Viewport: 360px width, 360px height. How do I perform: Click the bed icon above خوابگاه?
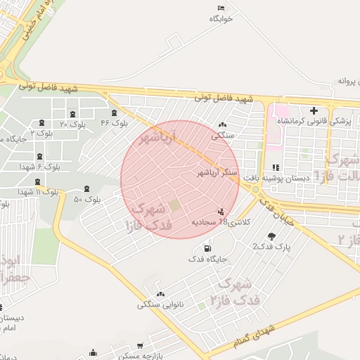pyautogui.click(x=221, y=8)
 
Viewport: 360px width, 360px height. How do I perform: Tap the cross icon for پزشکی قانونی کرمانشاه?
pyautogui.click(x=314, y=110)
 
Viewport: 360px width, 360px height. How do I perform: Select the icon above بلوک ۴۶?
pyautogui.click(x=115, y=112)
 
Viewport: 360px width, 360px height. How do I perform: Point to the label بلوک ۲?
pyautogui.click(x=41, y=132)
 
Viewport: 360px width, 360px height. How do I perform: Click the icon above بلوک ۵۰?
pyautogui.click(x=86, y=188)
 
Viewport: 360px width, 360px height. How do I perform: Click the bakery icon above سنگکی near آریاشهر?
pyautogui.click(x=223, y=124)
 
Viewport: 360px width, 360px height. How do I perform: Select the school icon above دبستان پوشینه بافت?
pyautogui.click(x=275, y=167)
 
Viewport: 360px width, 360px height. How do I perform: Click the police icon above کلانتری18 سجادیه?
pyautogui.click(x=221, y=211)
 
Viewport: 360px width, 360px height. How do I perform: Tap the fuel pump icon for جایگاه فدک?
pyautogui.click(x=207, y=248)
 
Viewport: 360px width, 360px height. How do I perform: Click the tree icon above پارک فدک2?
pyautogui.click(x=271, y=236)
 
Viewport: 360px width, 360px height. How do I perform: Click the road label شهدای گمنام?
pyautogui.click(x=257, y=333)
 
